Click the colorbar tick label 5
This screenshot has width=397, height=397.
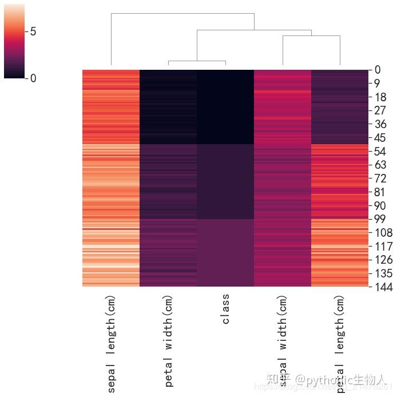[x=33, y=31]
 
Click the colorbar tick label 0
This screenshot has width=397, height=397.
[x=33, y=78]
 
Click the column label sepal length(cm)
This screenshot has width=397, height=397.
[x=111, y=343]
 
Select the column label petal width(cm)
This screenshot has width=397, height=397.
[x=168, y=340]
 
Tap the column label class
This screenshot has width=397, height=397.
[x=225, y=309]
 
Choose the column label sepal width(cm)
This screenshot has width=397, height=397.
[x=283, y=340]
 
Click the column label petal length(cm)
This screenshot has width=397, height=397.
[x=340, y=343]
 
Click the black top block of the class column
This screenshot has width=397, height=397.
[x=225, y=106]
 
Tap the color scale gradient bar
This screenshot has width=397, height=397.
[x=14, y=40]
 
